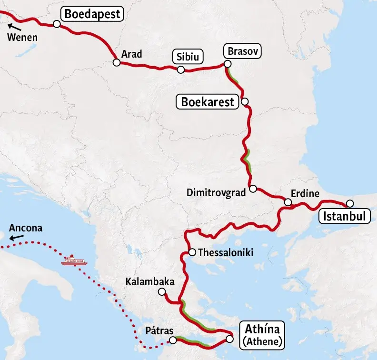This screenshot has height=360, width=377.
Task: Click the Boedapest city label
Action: [93, 14]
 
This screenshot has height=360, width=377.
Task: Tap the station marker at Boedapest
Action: [57, 24]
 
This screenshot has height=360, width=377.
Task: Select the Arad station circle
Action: [116, 62]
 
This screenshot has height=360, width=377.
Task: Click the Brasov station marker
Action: [228, 64]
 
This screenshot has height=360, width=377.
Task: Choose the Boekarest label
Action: [208, 102]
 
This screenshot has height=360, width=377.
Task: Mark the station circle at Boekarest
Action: [245, 101]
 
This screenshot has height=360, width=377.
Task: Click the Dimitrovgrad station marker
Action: [253, 189]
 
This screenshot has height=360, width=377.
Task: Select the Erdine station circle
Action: [288, 202]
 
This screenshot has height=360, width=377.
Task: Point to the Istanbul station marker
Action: [350, 202]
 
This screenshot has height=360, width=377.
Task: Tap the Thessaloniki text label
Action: [225, 252]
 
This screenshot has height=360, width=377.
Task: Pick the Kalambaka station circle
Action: [162, 292]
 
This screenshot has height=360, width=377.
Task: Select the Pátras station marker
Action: [172, 340]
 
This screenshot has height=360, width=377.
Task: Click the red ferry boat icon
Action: [73, 261]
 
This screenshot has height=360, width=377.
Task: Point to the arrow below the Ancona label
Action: [17, 236]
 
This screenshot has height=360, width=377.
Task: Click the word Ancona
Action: [26, 228]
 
